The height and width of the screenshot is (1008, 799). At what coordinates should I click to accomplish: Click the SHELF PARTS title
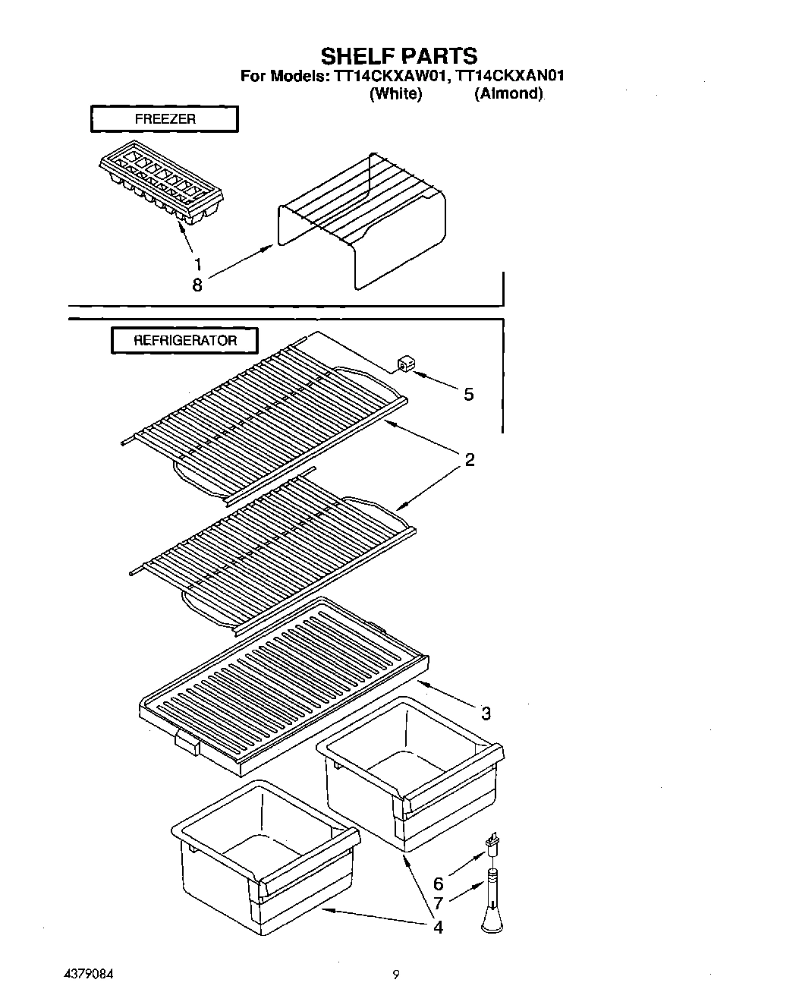coord(399,55)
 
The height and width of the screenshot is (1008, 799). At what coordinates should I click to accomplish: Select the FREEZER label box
coord(165,119)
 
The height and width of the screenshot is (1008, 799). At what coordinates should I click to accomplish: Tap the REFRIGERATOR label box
coord(185,341)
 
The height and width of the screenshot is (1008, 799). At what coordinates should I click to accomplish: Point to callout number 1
coord(197,264)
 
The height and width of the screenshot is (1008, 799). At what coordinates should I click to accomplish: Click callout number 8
coord(197,285)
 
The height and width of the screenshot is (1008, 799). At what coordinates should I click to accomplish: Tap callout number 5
coord(468,394)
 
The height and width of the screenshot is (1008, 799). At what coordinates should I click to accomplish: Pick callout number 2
coord(470,459)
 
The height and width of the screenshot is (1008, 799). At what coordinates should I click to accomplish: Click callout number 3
coord(486,713)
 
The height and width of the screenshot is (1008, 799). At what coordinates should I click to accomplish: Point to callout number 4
coord(438,927)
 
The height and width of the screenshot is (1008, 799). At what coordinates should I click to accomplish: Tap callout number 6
coord(438,884)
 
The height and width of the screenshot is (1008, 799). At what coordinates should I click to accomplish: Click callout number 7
coord(438,904)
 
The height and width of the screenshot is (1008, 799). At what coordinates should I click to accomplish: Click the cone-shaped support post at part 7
coord(492,903)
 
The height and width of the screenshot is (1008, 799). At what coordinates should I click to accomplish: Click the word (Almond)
coord(509,94)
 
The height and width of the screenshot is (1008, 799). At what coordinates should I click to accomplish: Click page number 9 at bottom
coord(396,975)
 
